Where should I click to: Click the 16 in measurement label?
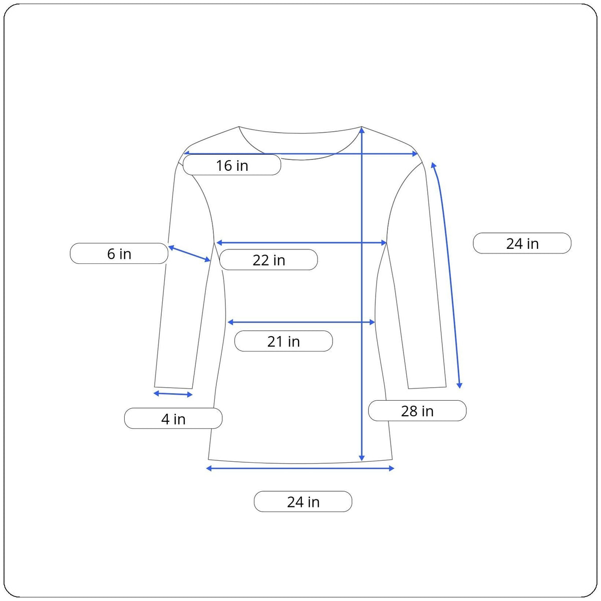[x=232, y=165]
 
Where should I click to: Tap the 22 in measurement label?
[x=268, y=260]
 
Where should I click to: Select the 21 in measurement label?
[x=283, y=341]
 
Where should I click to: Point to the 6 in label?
[x=119, y=253]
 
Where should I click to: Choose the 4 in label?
[x=173, y=419]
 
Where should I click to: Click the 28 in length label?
[x=417, y=411]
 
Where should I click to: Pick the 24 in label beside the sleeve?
[x=522, y=243]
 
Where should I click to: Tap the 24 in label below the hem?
[x=303, y=501]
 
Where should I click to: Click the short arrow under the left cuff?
[x=173, y=394]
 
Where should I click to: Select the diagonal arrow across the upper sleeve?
[x=189, y=253]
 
